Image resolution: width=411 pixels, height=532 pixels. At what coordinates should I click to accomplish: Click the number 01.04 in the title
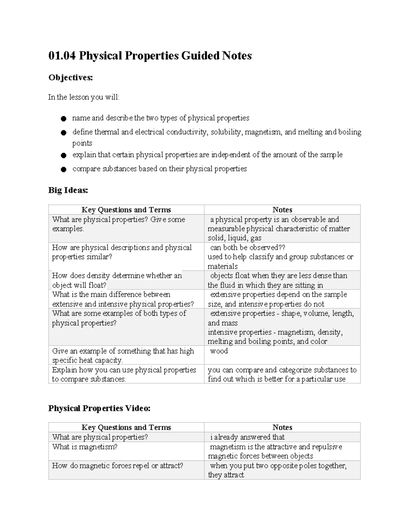pos(62,55)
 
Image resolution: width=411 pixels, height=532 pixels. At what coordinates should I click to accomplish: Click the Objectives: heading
pos(71,78)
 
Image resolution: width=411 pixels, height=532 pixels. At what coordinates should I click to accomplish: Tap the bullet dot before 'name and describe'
pos(63,119)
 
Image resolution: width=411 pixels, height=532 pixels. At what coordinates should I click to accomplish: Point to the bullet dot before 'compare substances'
pos(63,169)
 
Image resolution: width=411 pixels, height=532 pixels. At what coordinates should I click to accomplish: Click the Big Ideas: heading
pos(68,190)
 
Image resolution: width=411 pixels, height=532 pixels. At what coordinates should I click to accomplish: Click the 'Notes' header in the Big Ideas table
pos(282,210)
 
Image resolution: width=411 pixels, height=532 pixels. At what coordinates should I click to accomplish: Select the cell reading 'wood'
pos(219,351)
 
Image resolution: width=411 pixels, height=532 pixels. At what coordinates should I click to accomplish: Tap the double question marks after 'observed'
pos(282,247)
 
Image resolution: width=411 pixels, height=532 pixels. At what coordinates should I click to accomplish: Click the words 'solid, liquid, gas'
pos(235,238)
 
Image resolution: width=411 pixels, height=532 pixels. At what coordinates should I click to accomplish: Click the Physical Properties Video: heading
pos(99,408)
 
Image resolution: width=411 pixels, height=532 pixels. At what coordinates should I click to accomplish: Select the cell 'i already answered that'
pos(247,437)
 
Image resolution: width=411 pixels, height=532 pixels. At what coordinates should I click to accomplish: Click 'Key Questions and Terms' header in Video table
pos(126,427)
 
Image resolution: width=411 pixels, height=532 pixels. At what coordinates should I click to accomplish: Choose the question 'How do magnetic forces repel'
pos(117,466)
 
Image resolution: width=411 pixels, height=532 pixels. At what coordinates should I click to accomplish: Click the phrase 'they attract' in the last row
pos(226,475)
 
